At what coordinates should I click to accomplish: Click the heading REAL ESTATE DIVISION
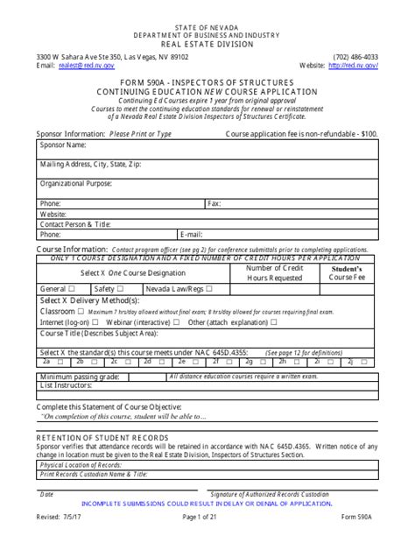pos(207,43)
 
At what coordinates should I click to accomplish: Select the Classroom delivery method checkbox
pos(81,311)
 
